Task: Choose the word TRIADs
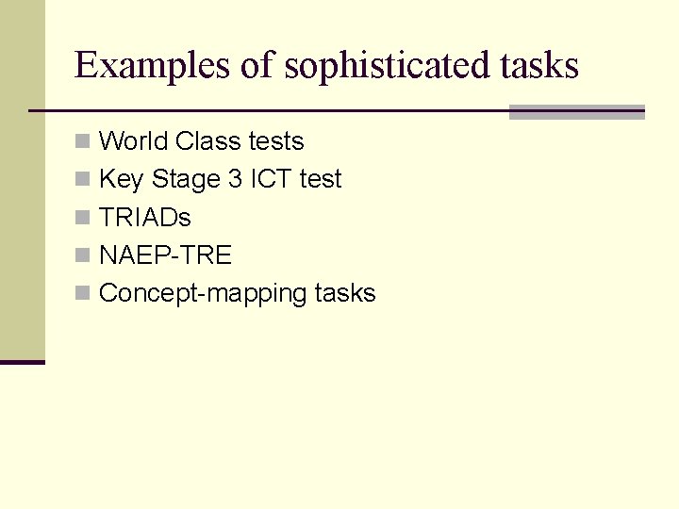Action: (x=145, y=218)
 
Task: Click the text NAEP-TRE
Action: (x=165, y=255)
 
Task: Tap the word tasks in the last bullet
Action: (x=345, y=293)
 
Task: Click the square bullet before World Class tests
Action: (x=83, y=142)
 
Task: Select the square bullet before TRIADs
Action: (x=83, y=218)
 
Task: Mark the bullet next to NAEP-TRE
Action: (x=83, y=256)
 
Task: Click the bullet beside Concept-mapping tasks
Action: (x=83, y=294)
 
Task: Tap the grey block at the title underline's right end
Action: (x=576, y=112)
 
